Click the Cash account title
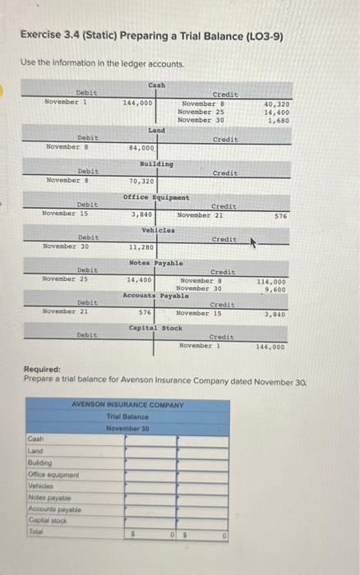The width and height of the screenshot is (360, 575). point(156,85)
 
